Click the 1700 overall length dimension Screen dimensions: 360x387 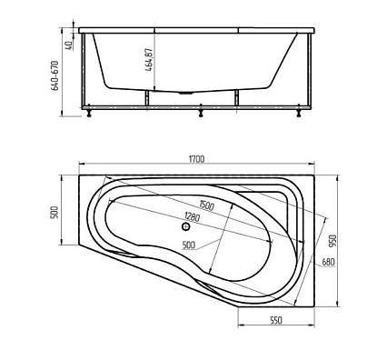point(197,159)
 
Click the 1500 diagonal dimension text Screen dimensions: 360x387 point(206,207)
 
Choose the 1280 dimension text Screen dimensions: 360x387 point(192,216)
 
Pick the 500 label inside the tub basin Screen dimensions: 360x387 point(189,245)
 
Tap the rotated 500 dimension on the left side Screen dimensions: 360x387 point(55,212)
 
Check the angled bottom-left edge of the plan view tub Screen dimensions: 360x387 point(154,279)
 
